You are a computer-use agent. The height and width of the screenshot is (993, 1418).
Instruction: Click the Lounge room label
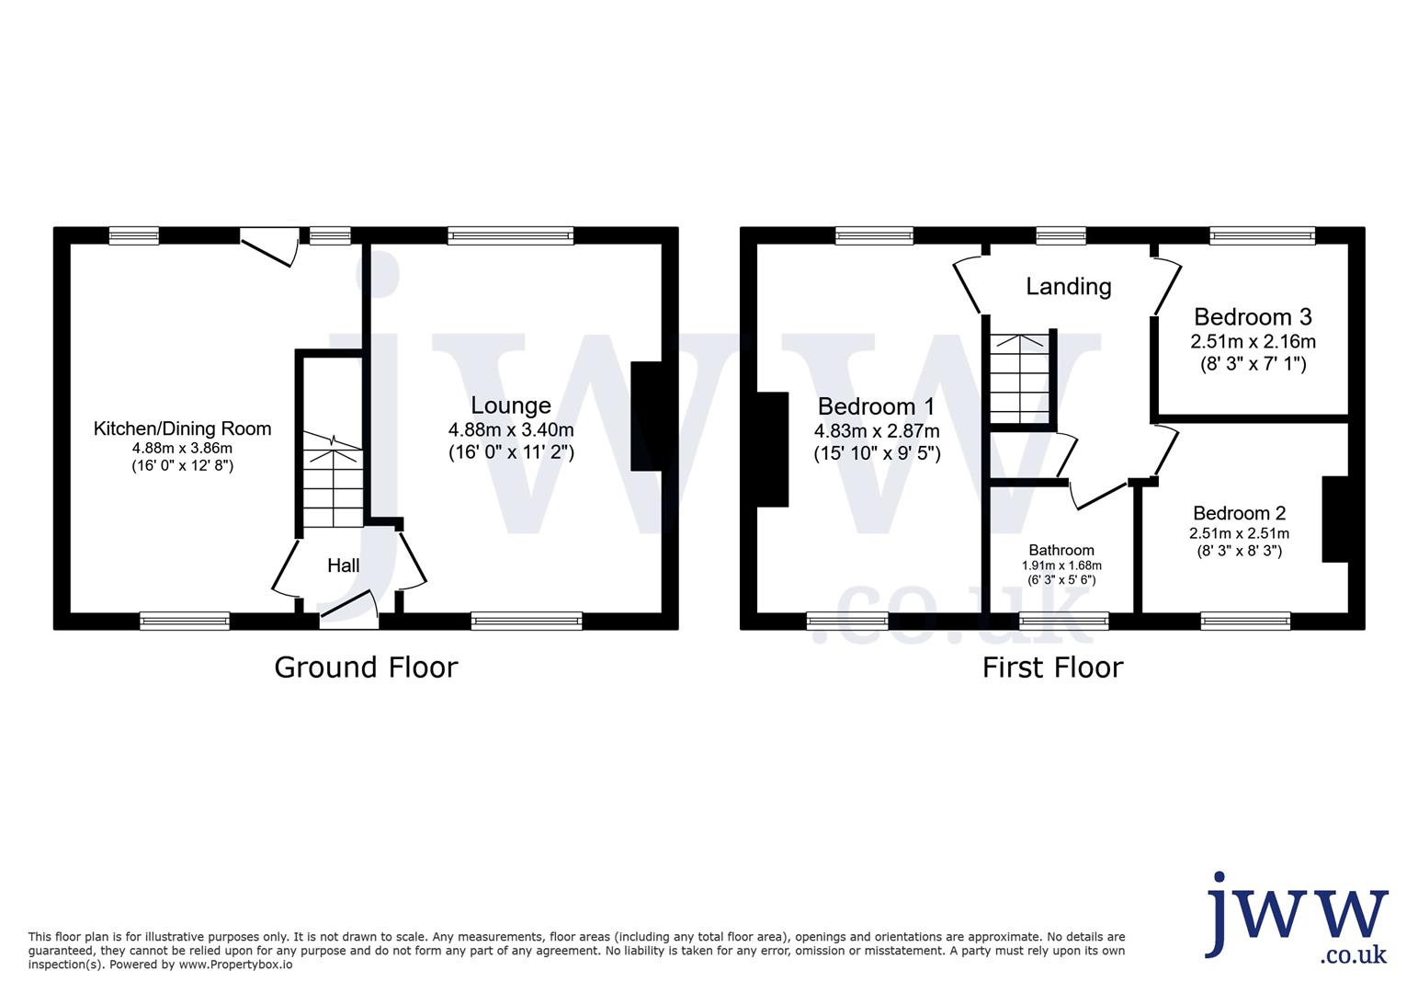click(511, 405)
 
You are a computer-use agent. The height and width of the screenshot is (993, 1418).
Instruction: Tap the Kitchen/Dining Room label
click(183, 428)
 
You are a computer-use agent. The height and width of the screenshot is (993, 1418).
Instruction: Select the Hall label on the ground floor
click(344, 565)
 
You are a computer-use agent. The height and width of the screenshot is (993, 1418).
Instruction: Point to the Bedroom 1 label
click(876, 406)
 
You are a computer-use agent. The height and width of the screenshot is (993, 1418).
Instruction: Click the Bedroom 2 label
click(1239, 513)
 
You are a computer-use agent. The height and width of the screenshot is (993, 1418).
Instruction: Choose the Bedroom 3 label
click(1253, 317)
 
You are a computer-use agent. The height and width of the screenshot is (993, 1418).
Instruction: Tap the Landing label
click(1068, 287)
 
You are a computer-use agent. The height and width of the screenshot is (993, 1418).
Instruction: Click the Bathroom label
click(1061, 550)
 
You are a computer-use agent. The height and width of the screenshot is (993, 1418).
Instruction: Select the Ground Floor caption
click(366, 667)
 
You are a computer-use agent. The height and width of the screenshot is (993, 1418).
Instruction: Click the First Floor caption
click(1052, 667)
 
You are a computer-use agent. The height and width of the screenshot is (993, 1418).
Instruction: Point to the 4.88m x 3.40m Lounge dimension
click(511, 429)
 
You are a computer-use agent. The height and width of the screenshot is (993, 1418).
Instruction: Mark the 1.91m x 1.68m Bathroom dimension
click(1061, 565)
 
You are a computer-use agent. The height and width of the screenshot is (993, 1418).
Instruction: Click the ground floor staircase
click(334, 483)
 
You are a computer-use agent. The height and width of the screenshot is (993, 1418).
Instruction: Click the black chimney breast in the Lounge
click(646, 417)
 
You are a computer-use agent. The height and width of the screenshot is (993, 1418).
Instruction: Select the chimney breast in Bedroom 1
click(773, 450)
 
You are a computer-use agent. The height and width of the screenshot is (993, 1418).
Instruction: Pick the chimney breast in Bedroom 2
click(1334, 519)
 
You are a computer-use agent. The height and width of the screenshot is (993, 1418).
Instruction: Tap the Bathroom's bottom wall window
click(1064, 622)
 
